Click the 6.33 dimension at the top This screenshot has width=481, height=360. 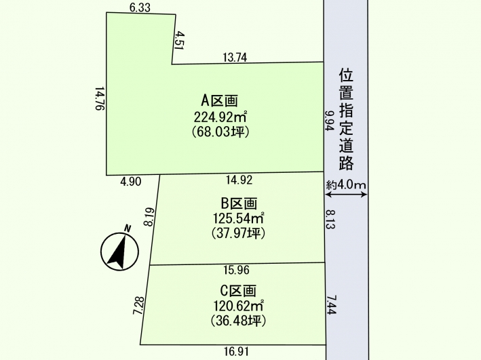(x=140, y=7)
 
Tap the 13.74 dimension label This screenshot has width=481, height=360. (x=235, y=58)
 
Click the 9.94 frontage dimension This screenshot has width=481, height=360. (x=330, y=121)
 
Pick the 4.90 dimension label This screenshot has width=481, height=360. (x=131, y=182)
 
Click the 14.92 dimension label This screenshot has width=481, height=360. (x=239, y=180)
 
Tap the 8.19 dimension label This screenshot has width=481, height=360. (x=149, y=217)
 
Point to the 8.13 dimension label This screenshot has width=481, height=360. (x=330, y=220)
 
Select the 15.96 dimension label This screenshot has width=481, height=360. (x=237, y=270)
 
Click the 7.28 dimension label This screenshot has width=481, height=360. (x=138, y=305)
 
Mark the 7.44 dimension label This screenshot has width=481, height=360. (x=332, y=304)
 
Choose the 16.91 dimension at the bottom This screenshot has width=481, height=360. (x=236, y=351)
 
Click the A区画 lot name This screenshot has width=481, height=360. (x=220, y=100)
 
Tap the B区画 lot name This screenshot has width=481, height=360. (x=239, y=203)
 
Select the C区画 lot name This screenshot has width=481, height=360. (x=238, y=291)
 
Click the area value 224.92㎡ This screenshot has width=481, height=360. (x=220, y=117)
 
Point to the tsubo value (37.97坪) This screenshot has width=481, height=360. (x=238, y=233)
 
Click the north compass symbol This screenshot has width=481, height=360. (x=119, y=251)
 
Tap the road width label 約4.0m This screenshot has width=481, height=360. (x=346, y=184)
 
